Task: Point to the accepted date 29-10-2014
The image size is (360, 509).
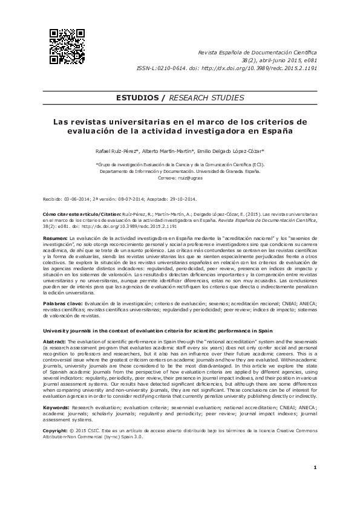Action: pyautogui.click(x=180, y=198)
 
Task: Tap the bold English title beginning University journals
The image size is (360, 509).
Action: pyautogui.click(x=157, y=331)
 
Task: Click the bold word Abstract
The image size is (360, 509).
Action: pyautogui.click(x=54, y=342)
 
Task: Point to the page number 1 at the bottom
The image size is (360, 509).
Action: pyautogui.click(x=316, y=485)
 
